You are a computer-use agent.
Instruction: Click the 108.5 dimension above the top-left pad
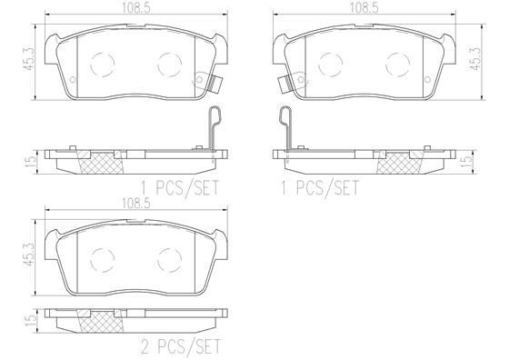[x=136, y=8]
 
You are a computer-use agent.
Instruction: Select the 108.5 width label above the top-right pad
[x=364, y=8]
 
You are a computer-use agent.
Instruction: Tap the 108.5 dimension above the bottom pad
[x=136, y=204]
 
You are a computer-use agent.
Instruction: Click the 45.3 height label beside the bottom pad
[x=28, y=255]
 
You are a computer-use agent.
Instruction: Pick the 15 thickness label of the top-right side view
[x=468, y=161]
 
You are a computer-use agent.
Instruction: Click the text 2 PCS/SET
[x=181, y=346]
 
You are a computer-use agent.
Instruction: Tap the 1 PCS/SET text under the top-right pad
[x=320, y=187]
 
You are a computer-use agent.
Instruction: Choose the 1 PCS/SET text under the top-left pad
[x=180, y=187]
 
